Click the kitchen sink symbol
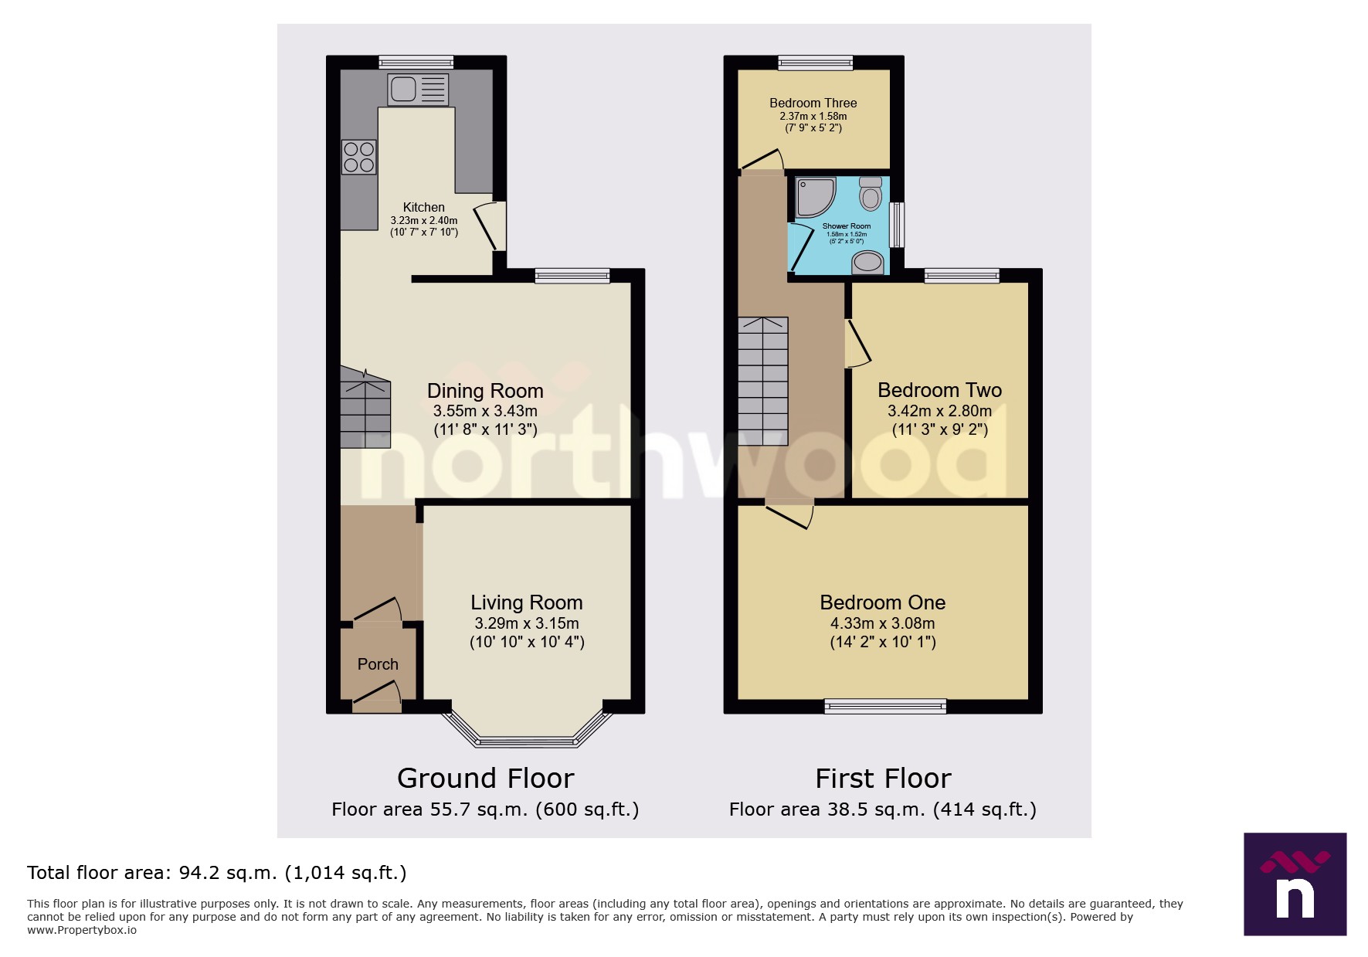[418, 89]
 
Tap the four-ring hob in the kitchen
[359, 157]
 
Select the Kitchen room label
[424, 207]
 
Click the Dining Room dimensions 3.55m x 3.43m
[485, 411]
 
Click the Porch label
[378, 664]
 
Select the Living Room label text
[527, 602]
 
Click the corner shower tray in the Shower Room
[813, 196]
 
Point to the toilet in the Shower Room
[871, 193]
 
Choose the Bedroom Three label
[813, 103]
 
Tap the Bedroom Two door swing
[857, 344]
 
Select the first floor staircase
[763, 381]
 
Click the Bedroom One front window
[884, 705]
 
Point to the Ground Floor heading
[485, 778]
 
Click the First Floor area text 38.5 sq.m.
[883, 809]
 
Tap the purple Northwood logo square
[1295, 884]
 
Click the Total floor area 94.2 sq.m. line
[216, 873]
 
